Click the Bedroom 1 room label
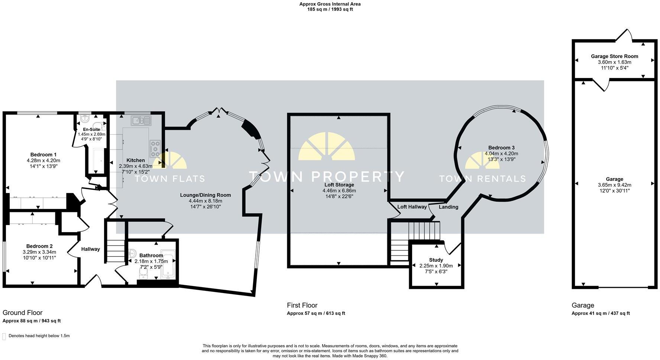43,155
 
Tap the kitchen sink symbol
141,120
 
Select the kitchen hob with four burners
155,148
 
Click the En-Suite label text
91,129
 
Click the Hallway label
91,249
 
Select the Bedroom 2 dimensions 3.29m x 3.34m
39,252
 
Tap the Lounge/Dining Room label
205,195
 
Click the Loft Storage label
338,185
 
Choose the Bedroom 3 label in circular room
501,148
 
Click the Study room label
436,260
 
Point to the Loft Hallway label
412,207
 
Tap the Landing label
449,207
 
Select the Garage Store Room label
614,57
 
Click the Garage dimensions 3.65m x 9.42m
614,185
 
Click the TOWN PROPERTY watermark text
326,176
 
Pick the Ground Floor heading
22,313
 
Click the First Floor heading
302,305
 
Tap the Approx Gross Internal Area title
330,4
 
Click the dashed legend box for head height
4,336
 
